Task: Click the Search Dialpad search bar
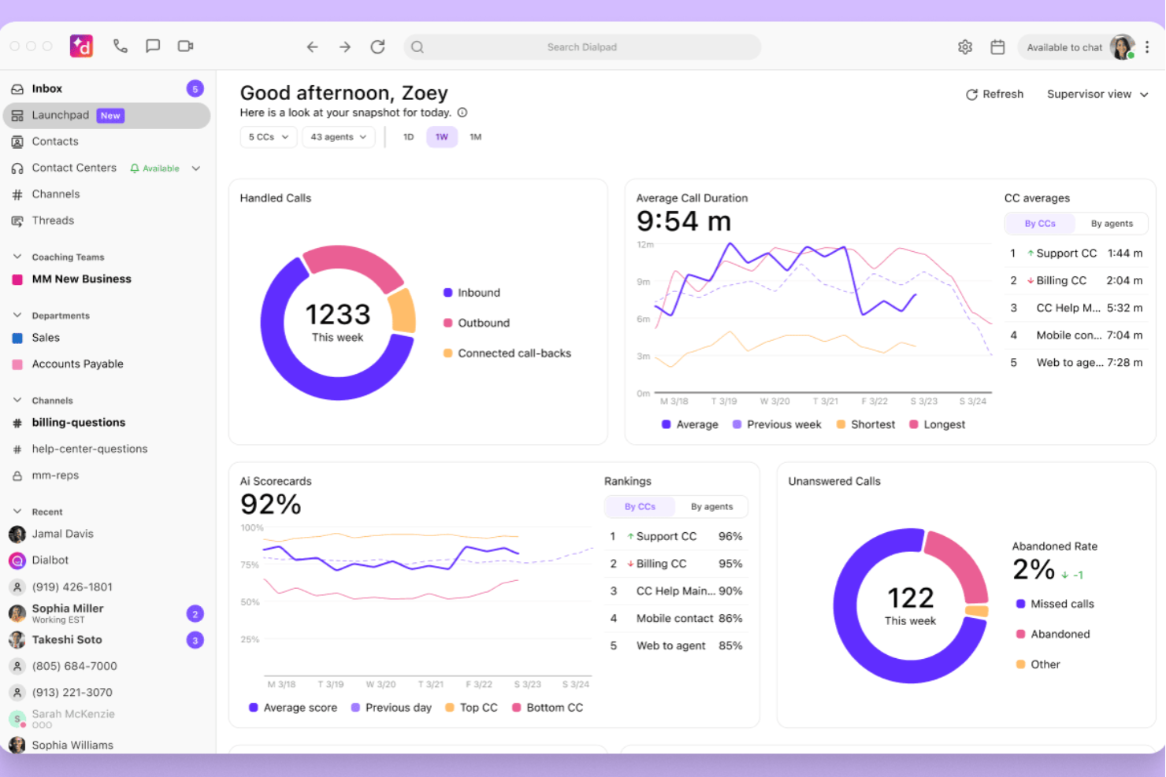tap(581, 47)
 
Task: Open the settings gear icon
tap(965, 47)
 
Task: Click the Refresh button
tap(994, 94)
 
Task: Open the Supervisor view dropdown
tap(1097, 94)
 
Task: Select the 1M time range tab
tap(476, 137)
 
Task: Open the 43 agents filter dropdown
tap(338, 137)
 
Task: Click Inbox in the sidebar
tap(46, 89)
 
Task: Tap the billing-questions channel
tap(78, 423)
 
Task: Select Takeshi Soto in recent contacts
tap(67, 640)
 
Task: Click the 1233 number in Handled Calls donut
tap(337, 315)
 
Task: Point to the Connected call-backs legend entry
tap(514, 353)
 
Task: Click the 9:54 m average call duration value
tap(684, 221)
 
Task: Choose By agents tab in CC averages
tap(1112, 224)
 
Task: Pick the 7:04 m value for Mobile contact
tap(1124, 335)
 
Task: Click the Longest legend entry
tap(944, 425)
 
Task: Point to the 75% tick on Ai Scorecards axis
tap(250, 565)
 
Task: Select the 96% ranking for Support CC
tap(730, 537)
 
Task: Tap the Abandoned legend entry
tap(1060, 635)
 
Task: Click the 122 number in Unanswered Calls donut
tap(910, 598)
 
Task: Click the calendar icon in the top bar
tap(997, 47)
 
